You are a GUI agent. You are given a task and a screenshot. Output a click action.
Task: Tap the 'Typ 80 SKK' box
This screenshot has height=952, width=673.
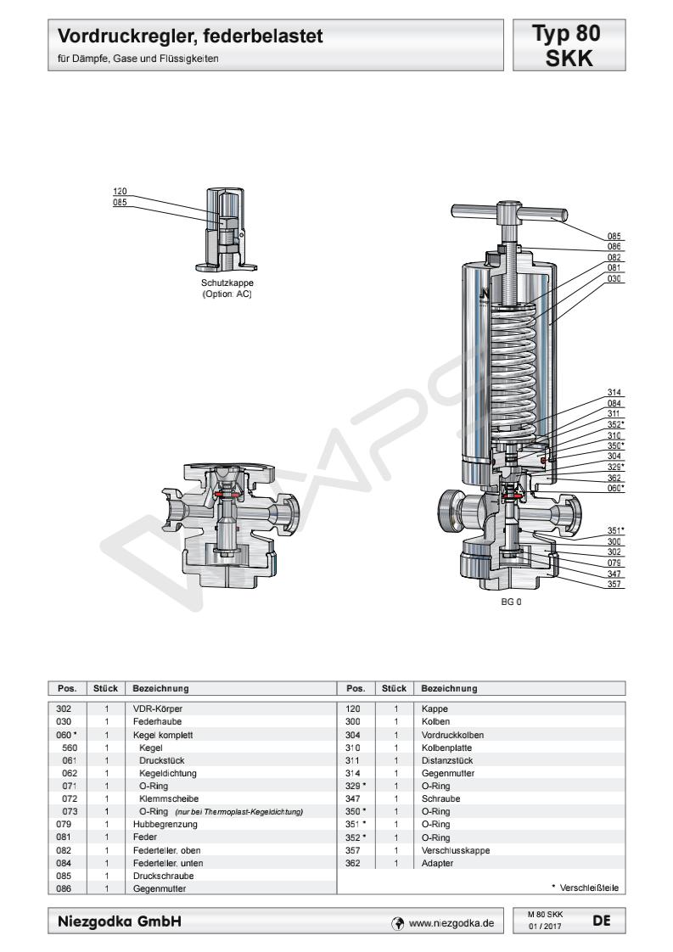(565, 47)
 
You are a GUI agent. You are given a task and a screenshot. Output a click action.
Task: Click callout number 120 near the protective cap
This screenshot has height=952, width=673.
(120, 192)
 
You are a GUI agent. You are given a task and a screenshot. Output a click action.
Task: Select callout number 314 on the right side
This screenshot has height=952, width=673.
(614, 392)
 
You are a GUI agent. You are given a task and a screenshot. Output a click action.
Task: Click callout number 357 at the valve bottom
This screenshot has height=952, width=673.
(614, 584)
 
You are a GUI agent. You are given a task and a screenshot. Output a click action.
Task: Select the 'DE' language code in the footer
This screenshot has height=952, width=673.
(598, 919)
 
